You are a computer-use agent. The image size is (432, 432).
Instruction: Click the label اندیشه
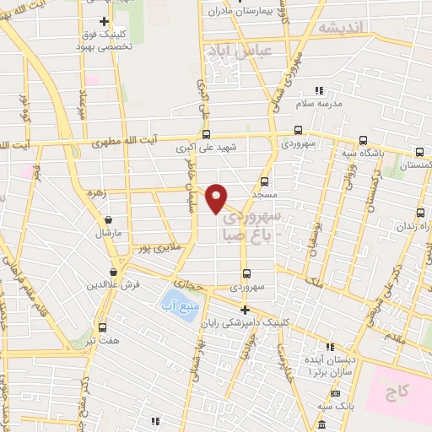pyautogui.click(x=341, y=27)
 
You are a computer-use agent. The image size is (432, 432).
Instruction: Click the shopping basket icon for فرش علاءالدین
pyautogui.click(x=113, y=272)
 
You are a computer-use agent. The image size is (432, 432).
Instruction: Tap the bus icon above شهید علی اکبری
pyautogui.click(x=207, y=133)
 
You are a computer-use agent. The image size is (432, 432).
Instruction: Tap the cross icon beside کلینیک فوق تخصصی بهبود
pyautogui.click(x=104, y=20)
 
